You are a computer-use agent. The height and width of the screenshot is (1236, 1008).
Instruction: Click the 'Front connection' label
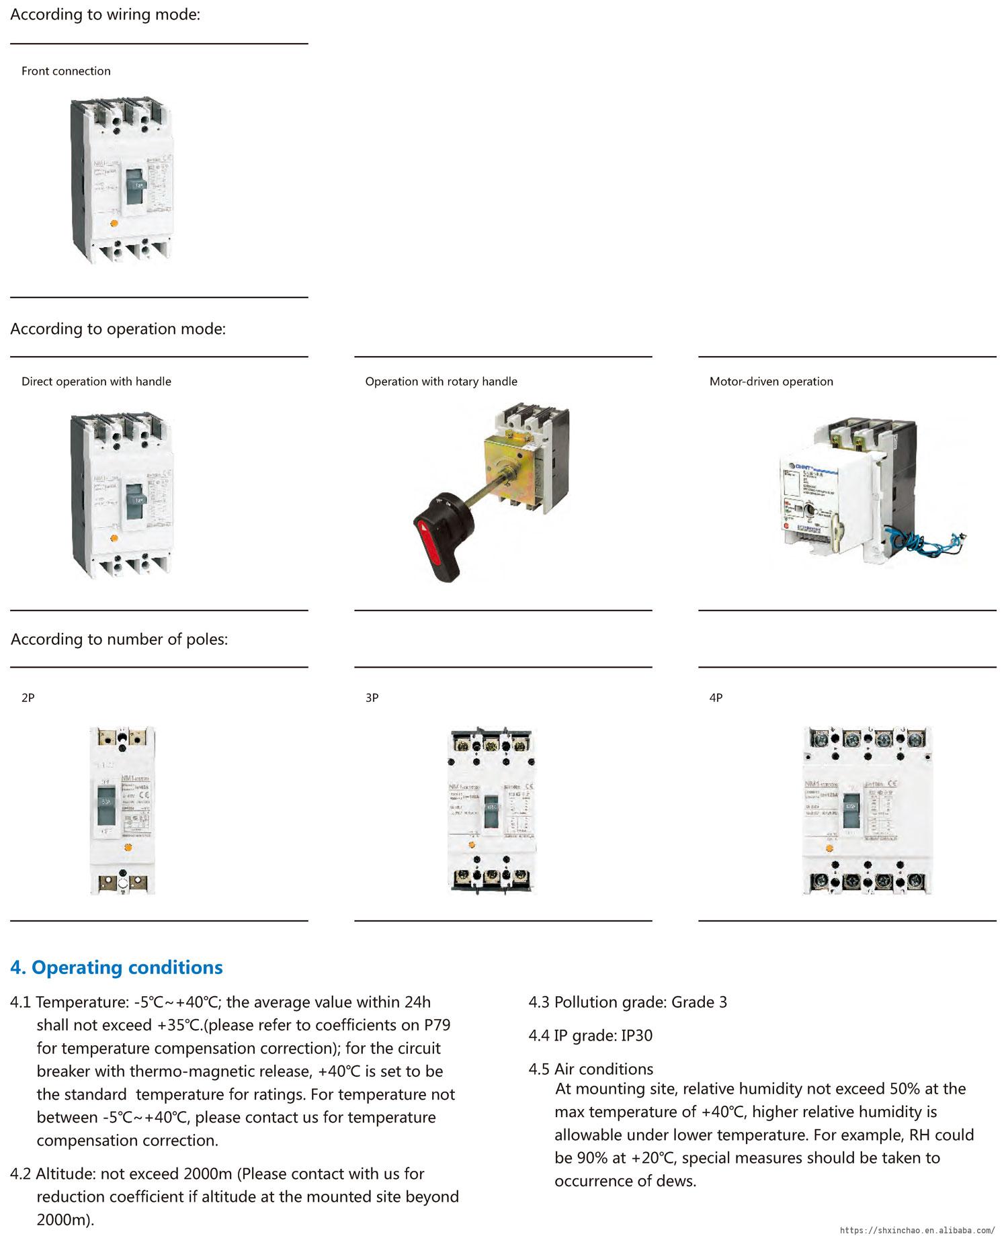pos(66,71)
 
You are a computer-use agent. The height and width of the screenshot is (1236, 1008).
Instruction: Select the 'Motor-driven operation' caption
pos(771,382)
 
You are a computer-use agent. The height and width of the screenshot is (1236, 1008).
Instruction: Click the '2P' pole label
pos(28,698)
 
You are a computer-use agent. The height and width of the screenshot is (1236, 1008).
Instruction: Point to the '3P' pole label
pos(372,698)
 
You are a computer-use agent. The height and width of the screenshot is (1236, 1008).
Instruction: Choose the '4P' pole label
pos(716,698)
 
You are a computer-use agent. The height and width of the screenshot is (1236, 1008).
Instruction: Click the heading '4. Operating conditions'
pos(116,967)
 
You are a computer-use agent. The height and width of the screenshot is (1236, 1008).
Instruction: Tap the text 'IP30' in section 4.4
pos(636,1035)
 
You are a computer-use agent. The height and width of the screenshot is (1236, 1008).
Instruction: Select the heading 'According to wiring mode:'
pos(105,15)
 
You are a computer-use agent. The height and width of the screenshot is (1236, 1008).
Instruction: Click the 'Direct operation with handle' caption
pos(96,382)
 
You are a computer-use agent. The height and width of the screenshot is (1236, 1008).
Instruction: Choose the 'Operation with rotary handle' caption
pos(441,382)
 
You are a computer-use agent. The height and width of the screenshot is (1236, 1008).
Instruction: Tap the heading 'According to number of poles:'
pos(119,639)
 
